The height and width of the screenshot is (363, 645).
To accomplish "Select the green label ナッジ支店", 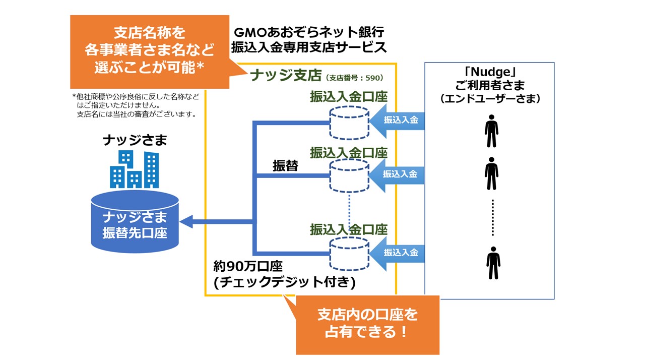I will tap(286, 76).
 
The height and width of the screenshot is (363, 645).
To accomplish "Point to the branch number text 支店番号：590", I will tap(355, 78).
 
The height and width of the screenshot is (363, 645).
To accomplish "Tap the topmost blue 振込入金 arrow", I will tap(398, 120).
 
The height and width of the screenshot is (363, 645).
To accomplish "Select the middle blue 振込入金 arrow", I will tap(398, 174).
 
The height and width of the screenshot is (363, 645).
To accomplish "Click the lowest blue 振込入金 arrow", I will tap(398, 252).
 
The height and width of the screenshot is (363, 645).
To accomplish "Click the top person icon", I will tap(491, 131).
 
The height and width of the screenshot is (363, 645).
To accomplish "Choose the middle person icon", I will tap(491, 173).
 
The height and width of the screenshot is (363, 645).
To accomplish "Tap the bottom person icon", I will tap(493, 263).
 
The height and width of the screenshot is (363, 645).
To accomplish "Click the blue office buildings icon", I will tap(135, 169).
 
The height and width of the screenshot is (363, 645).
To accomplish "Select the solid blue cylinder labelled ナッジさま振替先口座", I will tap(135, 222).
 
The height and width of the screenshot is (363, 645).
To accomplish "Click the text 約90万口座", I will tap(248, 267).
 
